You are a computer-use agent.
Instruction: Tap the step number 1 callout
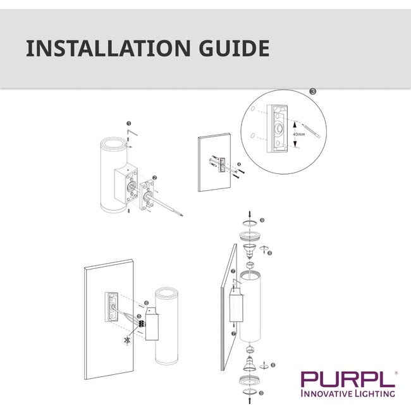(128, 124)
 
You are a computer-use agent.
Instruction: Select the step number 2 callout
(154, 179)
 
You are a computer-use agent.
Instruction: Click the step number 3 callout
(312, 91)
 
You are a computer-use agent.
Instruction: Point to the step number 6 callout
(146, 304)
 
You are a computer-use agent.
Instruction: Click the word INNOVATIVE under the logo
(328, 393)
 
